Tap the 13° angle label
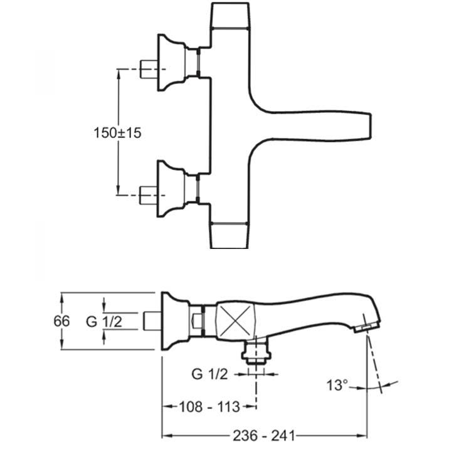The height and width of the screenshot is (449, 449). point(336,384)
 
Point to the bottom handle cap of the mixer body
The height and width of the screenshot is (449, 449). point(230,235)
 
